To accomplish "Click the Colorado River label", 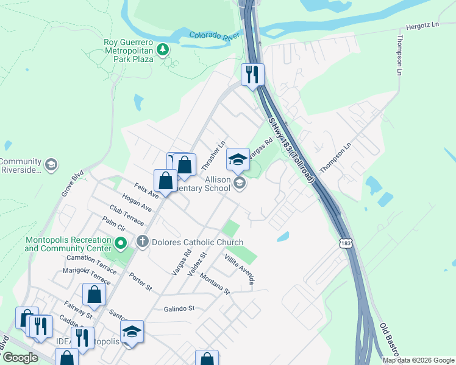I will coord(214,37).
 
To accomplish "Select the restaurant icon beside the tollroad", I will coord(252,75).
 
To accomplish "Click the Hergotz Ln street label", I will coord(422,28).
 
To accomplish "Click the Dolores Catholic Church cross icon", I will coord(143,242).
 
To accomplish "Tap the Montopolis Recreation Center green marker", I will coord(121,245).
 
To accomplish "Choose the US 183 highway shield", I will coord(343,242).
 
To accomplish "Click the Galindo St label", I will coord(179,308).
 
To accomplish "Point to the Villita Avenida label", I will coord(238,270).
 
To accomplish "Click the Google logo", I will coord(20,358).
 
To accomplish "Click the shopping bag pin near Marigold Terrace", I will coord(94,294).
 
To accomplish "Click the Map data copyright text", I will coord(418,360).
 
